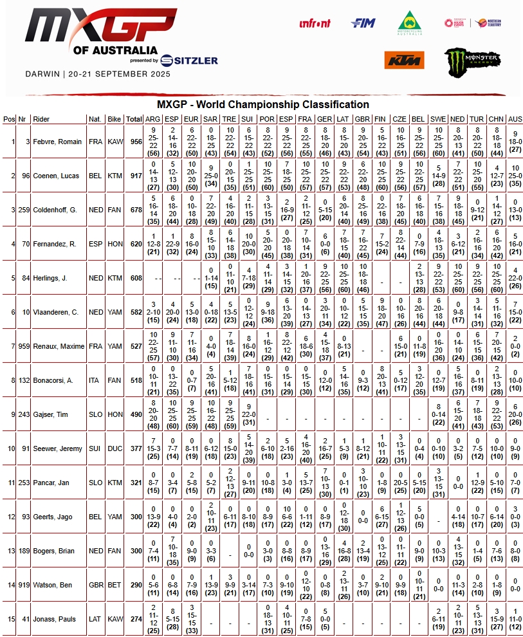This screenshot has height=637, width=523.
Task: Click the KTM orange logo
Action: tap(404, 60)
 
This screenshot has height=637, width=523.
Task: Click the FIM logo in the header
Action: tap(363, 23)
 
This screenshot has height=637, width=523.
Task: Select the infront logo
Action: tap(315, 23)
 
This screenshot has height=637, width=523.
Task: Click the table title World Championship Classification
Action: tap(263, 104)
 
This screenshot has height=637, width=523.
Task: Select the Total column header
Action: tap(134, 119)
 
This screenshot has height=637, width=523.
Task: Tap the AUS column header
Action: tap(515, 119)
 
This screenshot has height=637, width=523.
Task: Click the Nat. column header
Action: tap(95, 119)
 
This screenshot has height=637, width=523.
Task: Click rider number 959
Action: tap(22, 346)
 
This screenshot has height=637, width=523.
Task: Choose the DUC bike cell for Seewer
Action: tap(115, 448)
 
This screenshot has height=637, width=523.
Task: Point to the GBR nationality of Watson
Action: tap(95, 585)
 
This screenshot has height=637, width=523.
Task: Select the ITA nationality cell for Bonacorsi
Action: tap(95, 380)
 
